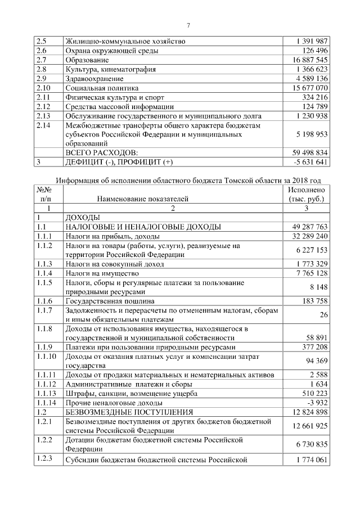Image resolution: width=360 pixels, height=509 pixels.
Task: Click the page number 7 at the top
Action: coord(188,24)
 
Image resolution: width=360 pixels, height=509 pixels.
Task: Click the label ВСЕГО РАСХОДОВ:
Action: coord(102,152)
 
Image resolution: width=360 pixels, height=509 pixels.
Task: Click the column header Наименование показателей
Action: coord(142,199)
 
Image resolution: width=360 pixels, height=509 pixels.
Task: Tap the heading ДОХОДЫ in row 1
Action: coord(83,217)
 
